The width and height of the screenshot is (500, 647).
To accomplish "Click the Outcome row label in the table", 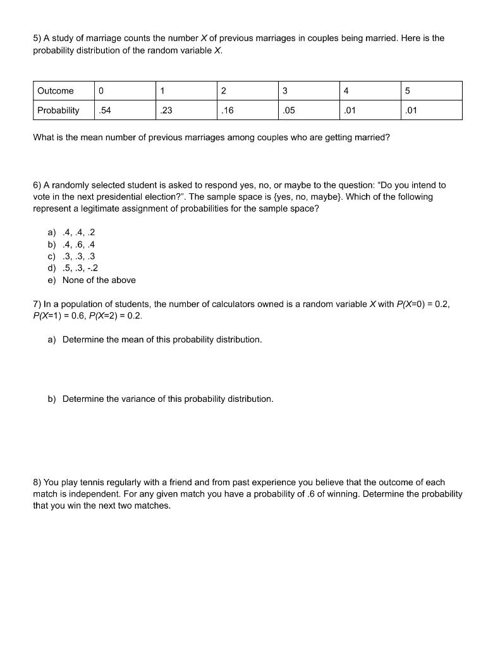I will pos(56,91).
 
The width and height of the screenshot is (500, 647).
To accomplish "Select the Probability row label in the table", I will pos(58,111).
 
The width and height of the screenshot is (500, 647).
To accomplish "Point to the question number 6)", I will pos(38,185).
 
